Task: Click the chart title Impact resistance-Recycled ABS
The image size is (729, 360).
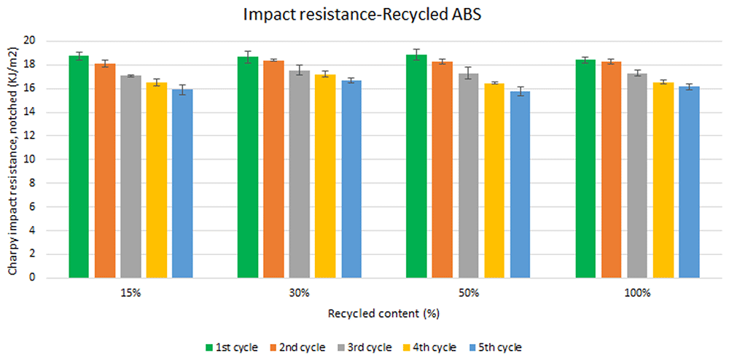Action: click(364, 16)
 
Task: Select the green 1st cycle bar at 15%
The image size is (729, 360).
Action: click(79, 167)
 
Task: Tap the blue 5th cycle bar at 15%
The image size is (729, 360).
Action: click(182, 184)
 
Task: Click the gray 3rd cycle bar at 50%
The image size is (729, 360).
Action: click(468, 176)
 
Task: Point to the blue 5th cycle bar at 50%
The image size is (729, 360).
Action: click(520, 184)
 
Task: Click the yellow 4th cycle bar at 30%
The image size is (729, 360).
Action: click(325, 176)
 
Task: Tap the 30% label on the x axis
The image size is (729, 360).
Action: click(300, 294)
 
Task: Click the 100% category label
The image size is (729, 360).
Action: click(637, 294)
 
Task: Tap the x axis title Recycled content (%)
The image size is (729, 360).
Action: click(383, 313)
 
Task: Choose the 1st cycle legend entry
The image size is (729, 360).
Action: click(232, 347)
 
